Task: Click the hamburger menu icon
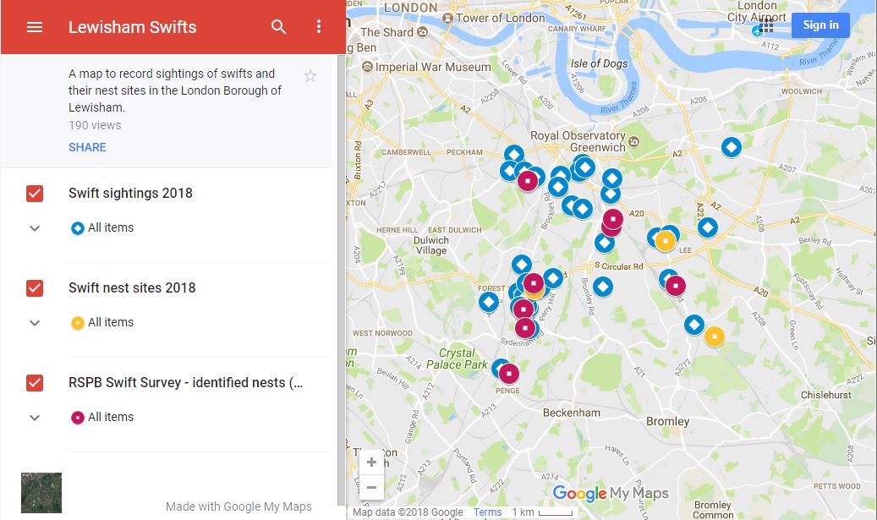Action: pos(35,27)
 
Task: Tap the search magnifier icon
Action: pos(279,27)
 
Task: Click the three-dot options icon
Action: pos(319,27)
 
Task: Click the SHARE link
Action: pos(87,147)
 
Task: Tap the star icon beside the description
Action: pos(310,76)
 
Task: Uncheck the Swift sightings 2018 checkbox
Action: pos(35,194)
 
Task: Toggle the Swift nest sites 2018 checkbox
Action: pos(35,288)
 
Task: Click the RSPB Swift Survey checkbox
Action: pos(35,383)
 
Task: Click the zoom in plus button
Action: pos(371,463)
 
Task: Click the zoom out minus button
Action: pos(371,487)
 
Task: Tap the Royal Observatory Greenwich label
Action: pos(578,141)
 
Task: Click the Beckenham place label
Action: pos(572,413)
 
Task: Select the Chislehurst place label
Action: pos(830,395)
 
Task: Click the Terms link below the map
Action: pos(487,512)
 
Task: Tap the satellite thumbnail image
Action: pos(41,493)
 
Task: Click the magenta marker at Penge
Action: pos(508,374)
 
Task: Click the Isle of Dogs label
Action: pos(599,63)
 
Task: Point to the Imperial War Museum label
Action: pos(432,67)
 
